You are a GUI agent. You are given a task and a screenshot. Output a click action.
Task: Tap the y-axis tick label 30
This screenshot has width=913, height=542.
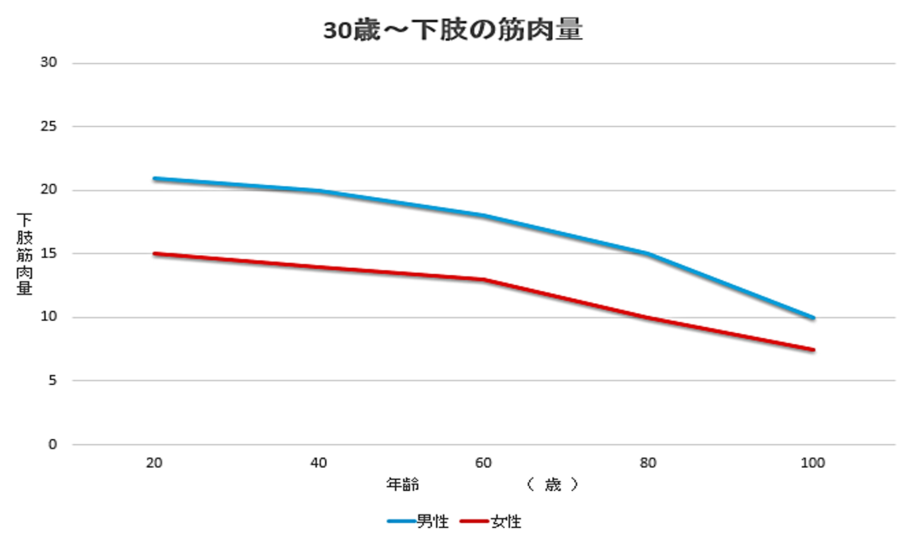[x=49, y=63]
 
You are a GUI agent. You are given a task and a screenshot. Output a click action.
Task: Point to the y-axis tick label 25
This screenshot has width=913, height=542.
[x=49, y=126]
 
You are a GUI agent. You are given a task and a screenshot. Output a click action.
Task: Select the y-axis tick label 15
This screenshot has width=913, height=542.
[x=49, y=254]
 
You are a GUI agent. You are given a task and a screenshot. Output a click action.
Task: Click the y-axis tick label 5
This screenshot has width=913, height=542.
[x=52, y=381]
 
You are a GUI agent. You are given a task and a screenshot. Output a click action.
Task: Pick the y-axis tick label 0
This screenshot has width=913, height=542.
[x=52, y=444]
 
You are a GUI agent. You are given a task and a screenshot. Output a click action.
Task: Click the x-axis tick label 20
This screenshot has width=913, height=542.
[x=153, y=464]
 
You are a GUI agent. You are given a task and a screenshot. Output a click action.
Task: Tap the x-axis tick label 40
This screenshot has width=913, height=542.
[x=318, y=464]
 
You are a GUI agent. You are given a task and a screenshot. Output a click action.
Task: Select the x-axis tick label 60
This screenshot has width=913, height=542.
[x=484, y=464]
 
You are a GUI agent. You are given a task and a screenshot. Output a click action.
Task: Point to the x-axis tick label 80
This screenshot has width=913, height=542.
[x=648, y=464]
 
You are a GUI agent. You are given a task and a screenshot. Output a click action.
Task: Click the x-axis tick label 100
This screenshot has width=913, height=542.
[x=813, y=464]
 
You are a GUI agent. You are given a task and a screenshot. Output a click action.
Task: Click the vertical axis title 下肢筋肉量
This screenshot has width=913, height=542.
[x=24, y=254]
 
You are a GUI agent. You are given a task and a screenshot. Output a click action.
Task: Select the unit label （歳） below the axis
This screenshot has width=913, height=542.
[x=552, y=485]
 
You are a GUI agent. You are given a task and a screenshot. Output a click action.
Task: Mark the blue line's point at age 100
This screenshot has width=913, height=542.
[x=813, y=318]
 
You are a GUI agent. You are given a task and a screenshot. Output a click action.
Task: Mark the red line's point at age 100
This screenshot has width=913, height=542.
[x=813, y=350]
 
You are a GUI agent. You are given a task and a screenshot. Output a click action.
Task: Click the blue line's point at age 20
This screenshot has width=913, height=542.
[x=154, y=178]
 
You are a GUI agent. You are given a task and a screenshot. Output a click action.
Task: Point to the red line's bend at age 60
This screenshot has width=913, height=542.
[x=484, y=279]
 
